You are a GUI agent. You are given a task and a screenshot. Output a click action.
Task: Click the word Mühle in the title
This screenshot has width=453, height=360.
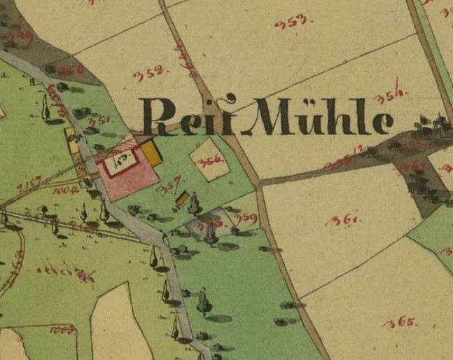pyautogui.click(x=321, y=116)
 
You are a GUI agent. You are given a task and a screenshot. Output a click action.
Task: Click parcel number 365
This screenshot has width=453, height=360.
pyautogui.click(x=400, y=323)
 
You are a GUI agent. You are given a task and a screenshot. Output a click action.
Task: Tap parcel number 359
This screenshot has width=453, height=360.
pyautogui.click(x=246, y=219)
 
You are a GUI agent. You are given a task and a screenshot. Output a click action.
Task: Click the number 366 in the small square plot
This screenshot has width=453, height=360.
pyautogui.click(x=209, y=161)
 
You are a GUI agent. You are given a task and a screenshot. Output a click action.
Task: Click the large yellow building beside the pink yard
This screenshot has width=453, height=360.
pyautogui.click(x=153, y=153)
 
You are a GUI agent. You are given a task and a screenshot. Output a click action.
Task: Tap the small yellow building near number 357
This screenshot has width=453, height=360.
pyautogui.click(x=182, y=199)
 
